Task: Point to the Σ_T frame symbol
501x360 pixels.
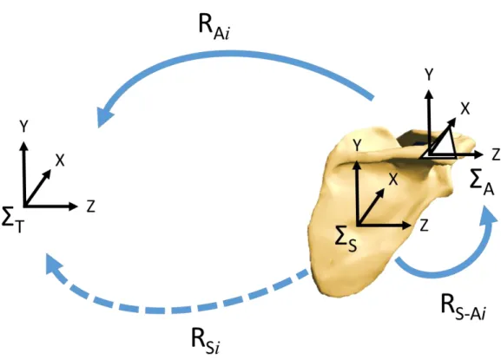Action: [x=12, y=219]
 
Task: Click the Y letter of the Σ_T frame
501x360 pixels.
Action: [x=23, y=127]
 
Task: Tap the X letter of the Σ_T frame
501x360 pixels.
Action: [x=60, y=160]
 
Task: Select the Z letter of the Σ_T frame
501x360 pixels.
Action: [x=91, y=206]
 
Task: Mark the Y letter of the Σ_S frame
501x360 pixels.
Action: [x=357, y=146]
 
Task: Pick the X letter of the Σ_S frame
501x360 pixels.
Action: [x=393, y=180]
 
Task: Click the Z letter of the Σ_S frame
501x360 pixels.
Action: [x=424, y=226]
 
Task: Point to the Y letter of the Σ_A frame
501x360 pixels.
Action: [x=429, y=75]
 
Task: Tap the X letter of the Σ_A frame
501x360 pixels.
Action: [x=465, y=108]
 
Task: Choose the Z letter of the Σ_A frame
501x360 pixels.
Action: [x=496, y=154]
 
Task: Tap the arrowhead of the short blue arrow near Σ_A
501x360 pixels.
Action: [x=488, y=215]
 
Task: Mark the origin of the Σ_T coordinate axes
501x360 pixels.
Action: [x=24, y=206]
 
